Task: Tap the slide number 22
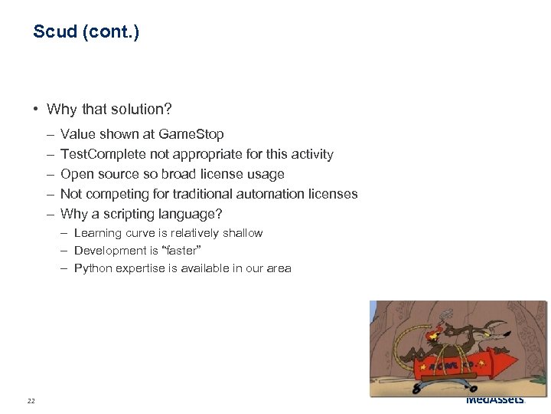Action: click(x=31, y=401)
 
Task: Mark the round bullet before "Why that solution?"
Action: click(x=37, y=110)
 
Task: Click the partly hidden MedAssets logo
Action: click(x=495, y=400)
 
